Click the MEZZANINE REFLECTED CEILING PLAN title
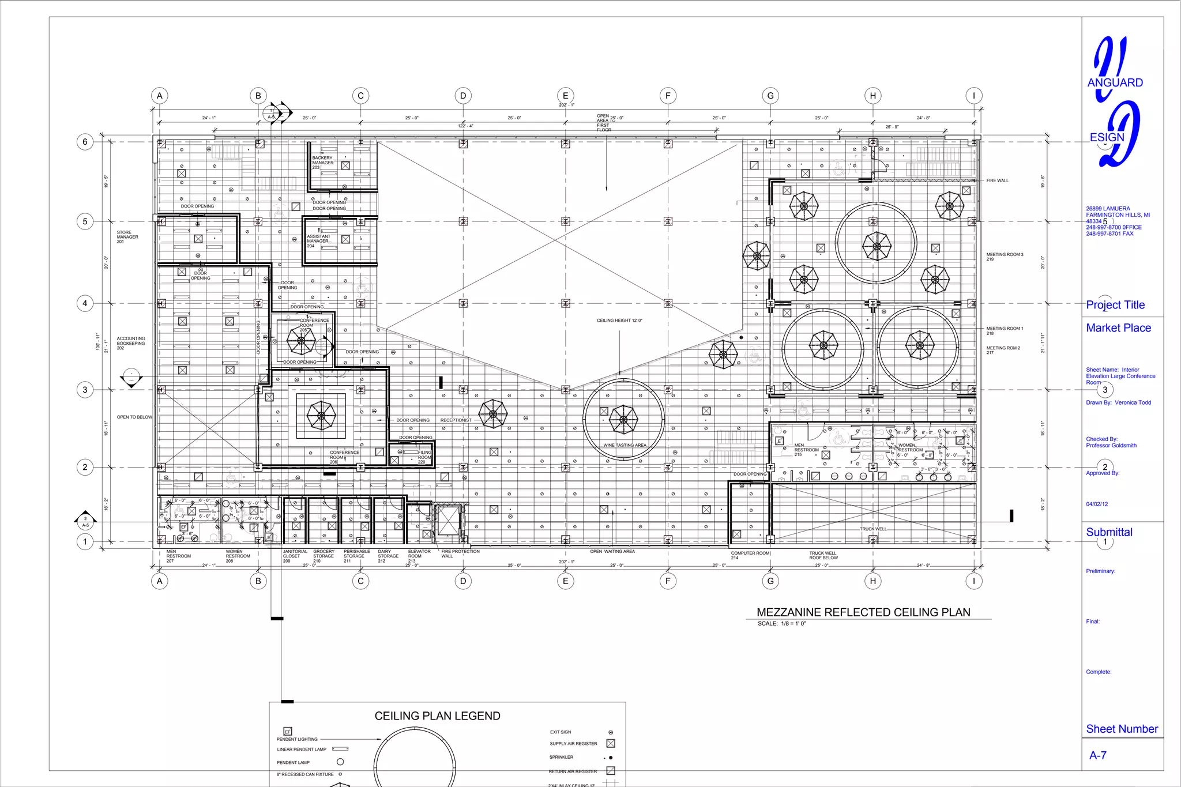[863, 612]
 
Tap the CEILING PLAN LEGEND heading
[437, 716]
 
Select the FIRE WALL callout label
[997, 180]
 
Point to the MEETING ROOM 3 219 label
[1005, 257]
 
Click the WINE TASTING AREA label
[625, 445]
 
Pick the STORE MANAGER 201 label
[127, 237]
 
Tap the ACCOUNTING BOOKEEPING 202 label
[131, 343]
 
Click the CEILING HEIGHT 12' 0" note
[619, 321]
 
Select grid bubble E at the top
[565, 96]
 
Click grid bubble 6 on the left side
[85, 142]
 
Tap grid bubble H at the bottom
[872, 581]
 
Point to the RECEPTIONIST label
[456, 420]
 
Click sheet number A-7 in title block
[1097, 755]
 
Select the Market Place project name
[1118, 328]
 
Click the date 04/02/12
[1097, 504]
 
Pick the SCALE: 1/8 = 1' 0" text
[781, 624]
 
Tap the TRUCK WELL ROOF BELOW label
[823, 555]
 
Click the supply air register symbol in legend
[611, 744]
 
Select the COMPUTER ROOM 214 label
[750, 555]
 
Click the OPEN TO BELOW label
[134, 417]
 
